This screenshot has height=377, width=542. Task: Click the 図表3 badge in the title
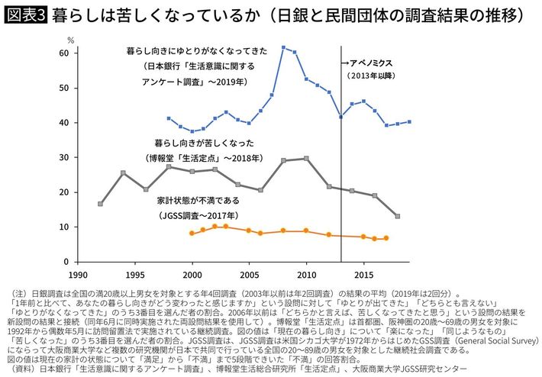tap(27, 14)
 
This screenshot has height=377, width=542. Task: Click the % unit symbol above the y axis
tap(70, 37)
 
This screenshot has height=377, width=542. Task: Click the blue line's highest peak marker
tap(283, 47)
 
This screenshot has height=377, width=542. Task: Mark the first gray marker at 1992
tap(101, 204)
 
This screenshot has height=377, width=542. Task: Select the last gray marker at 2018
tap(398, 217)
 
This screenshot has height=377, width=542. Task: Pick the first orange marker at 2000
tap(192, 233)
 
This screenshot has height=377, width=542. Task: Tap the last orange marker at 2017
tap(386, 238)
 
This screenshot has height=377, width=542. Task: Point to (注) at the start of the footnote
tap(17, 294)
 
